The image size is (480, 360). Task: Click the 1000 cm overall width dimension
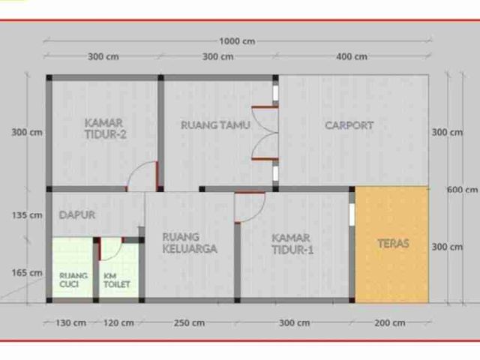click(x=237, y=41)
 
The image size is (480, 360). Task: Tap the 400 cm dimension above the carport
click(x=352, y=57)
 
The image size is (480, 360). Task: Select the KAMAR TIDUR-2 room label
click(x=105, y=129)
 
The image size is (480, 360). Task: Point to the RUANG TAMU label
click(x=215, y=125)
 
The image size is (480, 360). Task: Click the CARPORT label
click(x=349, y=125)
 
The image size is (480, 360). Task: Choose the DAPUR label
click(x=77, y=215)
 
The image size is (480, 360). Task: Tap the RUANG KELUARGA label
click(x=190, y=243)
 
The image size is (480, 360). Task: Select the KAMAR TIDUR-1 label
click(x=292, y=244)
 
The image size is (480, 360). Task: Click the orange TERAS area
click(x=391, y=244)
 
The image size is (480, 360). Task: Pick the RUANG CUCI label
click(x=73, y=280)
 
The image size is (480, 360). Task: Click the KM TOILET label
click(x=117, y=280)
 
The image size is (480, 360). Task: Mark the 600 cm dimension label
click(x=462, y=190)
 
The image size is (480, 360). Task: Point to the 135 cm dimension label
click(x=27, y=215)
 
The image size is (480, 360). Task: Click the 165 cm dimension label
click(x=27, y=272)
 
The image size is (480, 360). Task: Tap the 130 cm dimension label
click(x=70, y=322)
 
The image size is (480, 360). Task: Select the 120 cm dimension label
click(x=118, y=322)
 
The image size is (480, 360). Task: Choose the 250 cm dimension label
click(x=189, y=322)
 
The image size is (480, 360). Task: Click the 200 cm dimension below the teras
click(x=390, y=322)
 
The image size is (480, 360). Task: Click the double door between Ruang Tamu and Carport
click(x=265, y=133)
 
